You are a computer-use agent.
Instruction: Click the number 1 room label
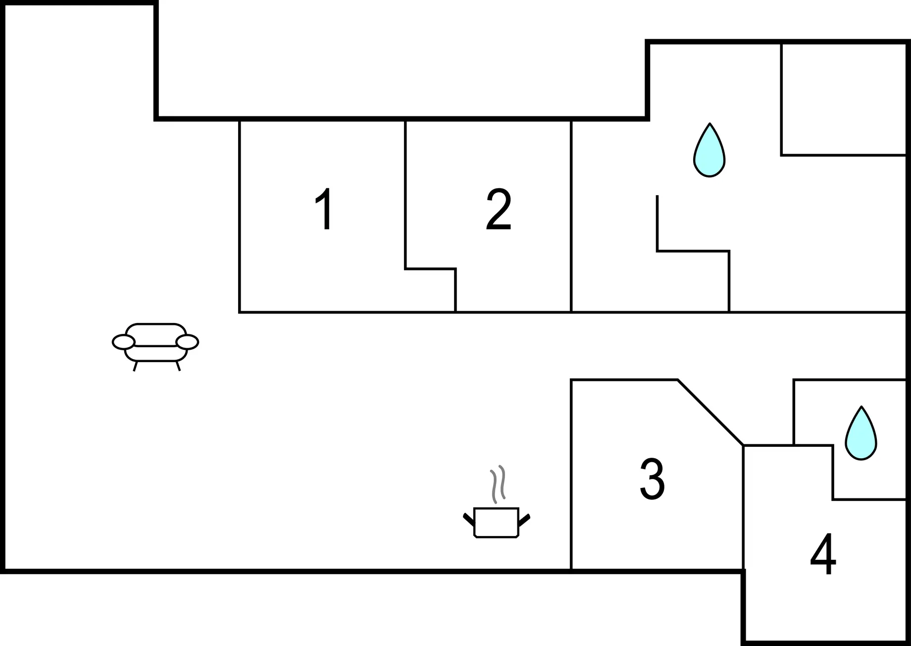[x=324, y=209]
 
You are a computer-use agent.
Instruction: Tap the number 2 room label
[x=499, y=209]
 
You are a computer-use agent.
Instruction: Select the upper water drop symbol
[x=709, y=150]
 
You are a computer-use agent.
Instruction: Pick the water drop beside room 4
[x=861, y=433]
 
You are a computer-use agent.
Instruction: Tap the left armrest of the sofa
[x=123, y=342]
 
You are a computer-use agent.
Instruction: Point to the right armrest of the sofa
[x=187, y=342]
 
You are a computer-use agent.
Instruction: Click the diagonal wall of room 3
[x=710, y=413]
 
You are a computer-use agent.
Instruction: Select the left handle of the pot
[x=468, y=520]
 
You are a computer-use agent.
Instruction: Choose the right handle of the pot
[x=524, y=520]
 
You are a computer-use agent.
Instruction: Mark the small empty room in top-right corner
[x=844, y=100]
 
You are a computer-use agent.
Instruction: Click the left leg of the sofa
[x=135, y=366]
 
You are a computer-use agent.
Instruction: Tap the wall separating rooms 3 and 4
[x=744, y=507]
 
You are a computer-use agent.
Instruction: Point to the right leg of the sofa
[x=178, y=366]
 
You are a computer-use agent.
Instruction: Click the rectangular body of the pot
[x=497, y=523]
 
